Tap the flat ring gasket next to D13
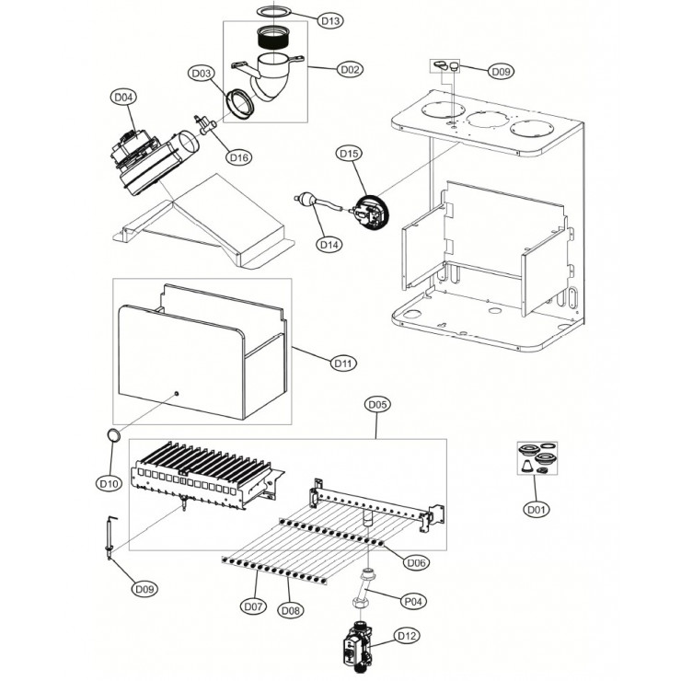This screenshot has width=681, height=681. click(268, 11)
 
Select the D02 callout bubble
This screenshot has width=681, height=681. click(349, 69)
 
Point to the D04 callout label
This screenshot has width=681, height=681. click(123, 96)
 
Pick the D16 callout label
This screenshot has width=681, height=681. click(238, 157)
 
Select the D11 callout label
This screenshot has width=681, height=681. click(342, 364)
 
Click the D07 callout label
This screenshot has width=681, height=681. click(253, 606)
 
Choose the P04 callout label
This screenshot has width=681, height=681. click(416, 600)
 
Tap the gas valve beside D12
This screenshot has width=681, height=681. click(355, 648)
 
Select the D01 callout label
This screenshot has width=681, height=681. click(537, 508)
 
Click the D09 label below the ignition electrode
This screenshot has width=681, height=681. click(144, 589)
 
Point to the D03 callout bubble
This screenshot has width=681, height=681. click(202, 73)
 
